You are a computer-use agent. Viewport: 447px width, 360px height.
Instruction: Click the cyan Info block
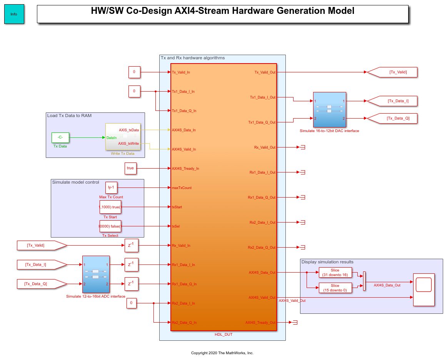[14, 14]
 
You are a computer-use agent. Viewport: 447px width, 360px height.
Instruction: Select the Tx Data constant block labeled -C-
[60, 137]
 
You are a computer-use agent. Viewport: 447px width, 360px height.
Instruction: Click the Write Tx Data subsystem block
[123, 137]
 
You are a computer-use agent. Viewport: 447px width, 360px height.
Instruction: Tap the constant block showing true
[130, 168]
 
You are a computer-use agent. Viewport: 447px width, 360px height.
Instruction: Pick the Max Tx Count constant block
[111, 188]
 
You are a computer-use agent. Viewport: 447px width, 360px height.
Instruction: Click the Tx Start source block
[110, 207]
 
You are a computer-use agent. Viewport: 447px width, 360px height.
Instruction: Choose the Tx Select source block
[110, 226]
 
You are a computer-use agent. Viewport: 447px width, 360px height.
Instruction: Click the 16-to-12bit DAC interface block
[329, 109]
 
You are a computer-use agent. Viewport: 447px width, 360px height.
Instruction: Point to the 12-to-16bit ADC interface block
[96, 274]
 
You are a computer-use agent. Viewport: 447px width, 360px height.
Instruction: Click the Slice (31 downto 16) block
[335, 272]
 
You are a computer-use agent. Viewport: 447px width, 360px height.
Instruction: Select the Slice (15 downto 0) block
[335, 288]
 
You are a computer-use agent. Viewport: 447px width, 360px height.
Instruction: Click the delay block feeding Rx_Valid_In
[131, 245]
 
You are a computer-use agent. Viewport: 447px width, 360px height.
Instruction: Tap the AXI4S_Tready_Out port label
[260, 323]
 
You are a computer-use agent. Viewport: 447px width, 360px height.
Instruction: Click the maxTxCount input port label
[182, 188]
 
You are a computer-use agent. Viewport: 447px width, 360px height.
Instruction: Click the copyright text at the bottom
[222, 353]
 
